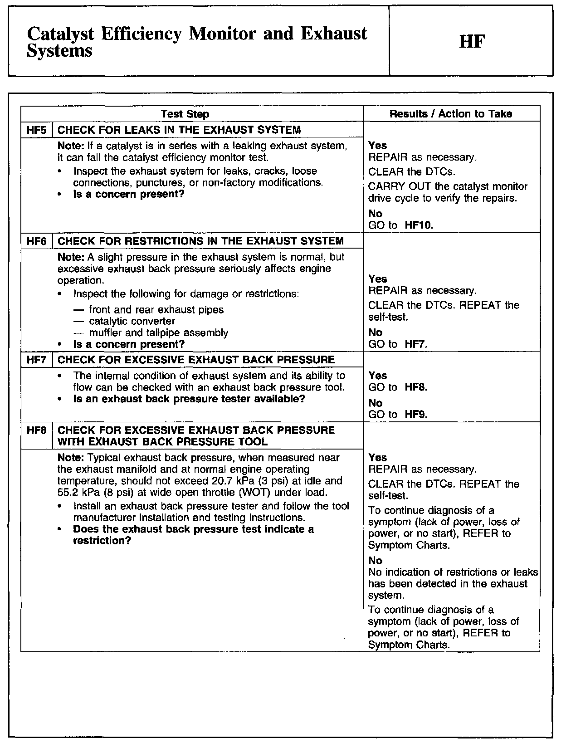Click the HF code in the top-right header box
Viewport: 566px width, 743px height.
(472, 42)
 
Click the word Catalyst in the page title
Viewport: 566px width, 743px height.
(61, 34)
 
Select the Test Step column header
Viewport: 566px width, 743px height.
(185, 114)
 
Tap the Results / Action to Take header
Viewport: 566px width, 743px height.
(451, 114)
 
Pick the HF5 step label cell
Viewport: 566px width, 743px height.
(37, 130)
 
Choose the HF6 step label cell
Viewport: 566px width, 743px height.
(37, 241)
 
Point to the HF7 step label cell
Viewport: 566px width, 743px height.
(37, 360)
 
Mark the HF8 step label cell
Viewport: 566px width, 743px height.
(37, 430)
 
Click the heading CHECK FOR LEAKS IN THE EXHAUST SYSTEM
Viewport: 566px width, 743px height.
(179, 130)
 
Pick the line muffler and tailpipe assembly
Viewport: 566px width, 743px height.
(158, 333)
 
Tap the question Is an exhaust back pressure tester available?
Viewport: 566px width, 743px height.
(189, 399)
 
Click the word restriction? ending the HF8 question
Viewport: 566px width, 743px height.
(102, 541)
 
